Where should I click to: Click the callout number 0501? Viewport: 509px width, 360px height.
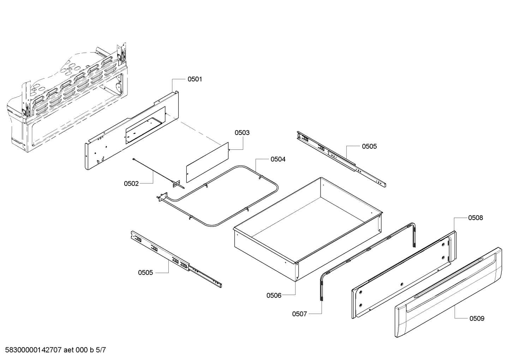tap(194, 79)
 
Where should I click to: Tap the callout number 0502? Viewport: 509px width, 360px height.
tap(131, 184)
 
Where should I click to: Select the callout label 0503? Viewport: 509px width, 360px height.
tap(242, 133)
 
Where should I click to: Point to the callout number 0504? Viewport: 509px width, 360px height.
tap(278, 159)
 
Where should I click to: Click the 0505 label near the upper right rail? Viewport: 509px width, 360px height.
tap(369, 146)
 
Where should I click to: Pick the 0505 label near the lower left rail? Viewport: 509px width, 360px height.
tap(145, 272)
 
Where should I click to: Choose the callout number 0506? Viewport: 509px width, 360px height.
tap(274, 295)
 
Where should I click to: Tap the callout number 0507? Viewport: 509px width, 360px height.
tap(300, 314)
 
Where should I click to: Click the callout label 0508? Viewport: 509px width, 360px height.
tap(475, 218)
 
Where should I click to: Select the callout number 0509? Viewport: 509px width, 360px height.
tap(477, 319)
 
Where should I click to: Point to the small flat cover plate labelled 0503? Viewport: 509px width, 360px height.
tap(207, 162)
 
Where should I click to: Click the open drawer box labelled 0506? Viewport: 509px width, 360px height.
tap(307, 230)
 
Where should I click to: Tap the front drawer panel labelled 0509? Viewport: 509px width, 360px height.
tap(448, 297)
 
